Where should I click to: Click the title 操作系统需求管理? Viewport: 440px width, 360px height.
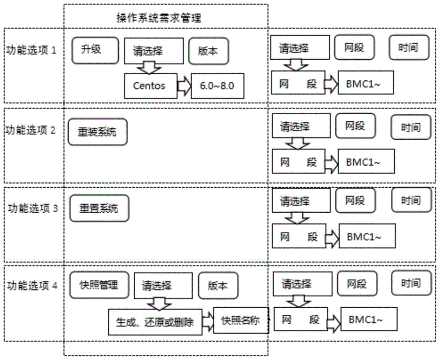tap(158, 18)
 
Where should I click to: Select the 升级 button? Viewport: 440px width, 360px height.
tap(95, 50)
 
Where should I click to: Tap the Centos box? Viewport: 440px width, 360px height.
tap(150, 85)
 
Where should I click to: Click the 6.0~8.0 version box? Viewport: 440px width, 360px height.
tap(217, 85)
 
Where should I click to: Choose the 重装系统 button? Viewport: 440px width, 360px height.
tap(98, 132)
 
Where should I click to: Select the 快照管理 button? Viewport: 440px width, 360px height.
tap(99, 285)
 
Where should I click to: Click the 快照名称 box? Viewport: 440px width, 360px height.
tap(240, 320)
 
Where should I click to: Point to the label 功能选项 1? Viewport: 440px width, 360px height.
tap(31, 50)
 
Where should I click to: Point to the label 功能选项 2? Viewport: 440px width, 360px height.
tap(31, 130)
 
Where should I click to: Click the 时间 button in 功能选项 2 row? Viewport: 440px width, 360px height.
tap(411, 127)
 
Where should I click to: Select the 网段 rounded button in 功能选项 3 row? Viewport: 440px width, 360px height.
tap(356, 201)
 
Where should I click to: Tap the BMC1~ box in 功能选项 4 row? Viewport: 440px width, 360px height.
tap(369, 320)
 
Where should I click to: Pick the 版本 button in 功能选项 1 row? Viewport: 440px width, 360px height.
tap(209, 51)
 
